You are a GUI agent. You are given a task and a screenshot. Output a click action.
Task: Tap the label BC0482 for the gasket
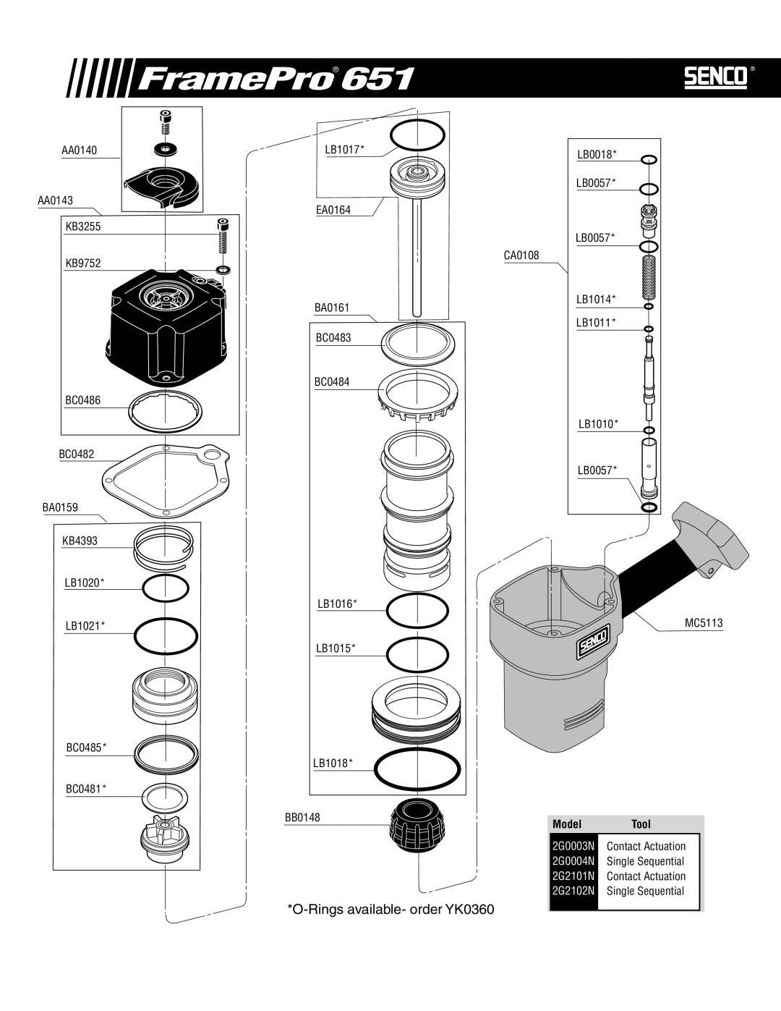76,454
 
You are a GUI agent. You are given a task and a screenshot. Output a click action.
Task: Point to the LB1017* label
344,149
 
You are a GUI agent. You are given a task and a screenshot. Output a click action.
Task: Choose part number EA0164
333,210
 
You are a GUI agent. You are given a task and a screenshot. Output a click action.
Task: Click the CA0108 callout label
521,255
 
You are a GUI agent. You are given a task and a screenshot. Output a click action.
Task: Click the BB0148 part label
302,817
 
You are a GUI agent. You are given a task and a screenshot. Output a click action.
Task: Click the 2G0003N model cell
573,846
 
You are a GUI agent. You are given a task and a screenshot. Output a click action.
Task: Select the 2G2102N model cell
573,891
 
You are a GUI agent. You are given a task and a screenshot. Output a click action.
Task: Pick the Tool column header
641,824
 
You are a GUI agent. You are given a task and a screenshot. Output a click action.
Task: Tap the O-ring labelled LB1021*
166,635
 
